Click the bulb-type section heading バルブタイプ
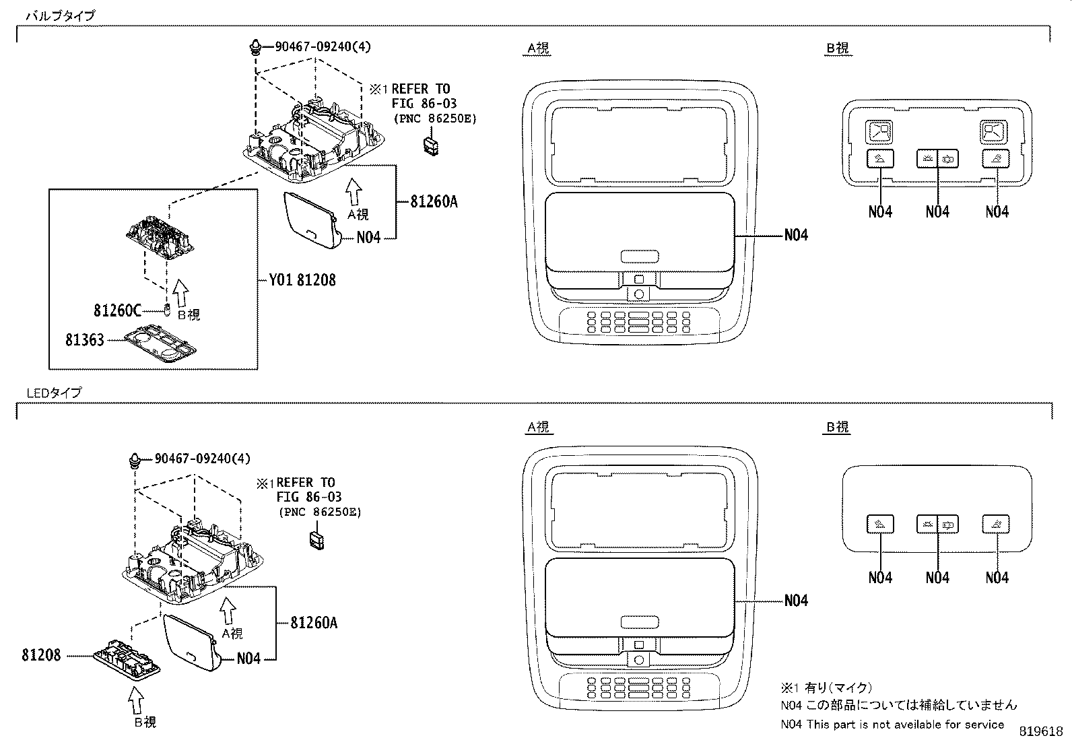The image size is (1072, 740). click(60, 15)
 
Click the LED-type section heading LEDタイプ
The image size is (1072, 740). click(53, 393)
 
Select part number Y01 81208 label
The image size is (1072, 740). click(302, 279)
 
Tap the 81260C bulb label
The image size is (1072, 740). click(117, 310)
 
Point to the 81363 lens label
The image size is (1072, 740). click(85, 340)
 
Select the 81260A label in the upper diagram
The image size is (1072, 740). click(434, 201)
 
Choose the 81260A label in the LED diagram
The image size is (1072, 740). click(314, 623)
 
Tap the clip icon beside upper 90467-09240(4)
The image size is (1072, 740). click(255, 48)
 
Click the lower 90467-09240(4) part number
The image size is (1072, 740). click(202, 459)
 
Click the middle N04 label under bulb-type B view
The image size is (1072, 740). click(937, 212)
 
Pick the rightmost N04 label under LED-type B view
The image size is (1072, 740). click(997, 578)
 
